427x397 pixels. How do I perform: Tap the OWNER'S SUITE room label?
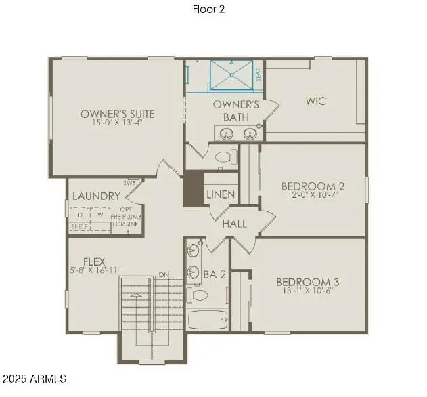pyautogui.click(x=117, y=114)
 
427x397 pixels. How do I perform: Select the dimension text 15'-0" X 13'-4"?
pyautogui.click(x=117, y=124)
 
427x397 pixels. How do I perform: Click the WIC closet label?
pyautogui.click(x=315, y=101)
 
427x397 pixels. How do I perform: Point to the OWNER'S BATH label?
pyautogui.click(x=236, y=110)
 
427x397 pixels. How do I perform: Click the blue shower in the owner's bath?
pyautogui.click(x=231, y=75)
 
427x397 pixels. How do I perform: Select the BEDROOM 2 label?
pyautogui.click(x=313, y=186)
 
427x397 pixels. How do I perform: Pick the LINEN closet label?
pyautogui.click(x=221, y=194)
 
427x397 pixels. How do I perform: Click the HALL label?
pyautogui.click(x=234, y=224)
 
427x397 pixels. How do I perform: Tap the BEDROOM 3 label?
pyautogui.click(x=307, y=281)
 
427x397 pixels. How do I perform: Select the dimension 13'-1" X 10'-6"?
pyautogui.click(x=307, y=291)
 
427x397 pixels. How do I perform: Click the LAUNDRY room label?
pyautogui.click(x=96, y=196)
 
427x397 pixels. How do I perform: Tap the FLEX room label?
pyautogui.click(x=93, y=260)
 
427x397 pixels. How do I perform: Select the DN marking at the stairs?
pyautogui.click(x=163, y=274)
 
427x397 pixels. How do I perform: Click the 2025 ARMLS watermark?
pyautogui.click(x=34, y=378)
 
